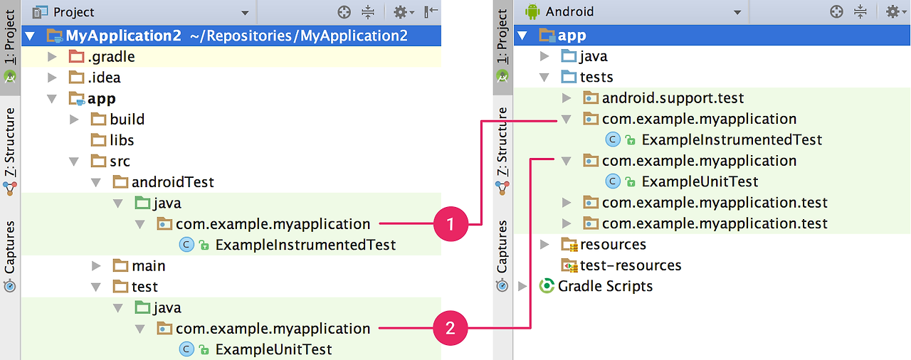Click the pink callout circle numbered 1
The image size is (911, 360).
pyautogui.click(x=450, y=224)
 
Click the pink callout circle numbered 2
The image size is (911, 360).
pyautogui.click(x=450, y=328)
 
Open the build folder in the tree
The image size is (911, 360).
pyautogui.click(x=127, y=119)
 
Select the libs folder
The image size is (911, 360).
pyautogui.click(x=122, y=140)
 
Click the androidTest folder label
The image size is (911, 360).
pyautogui.click(x=172, y=182)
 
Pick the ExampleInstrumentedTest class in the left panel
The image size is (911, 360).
pyautogui.click(x=305, y=245)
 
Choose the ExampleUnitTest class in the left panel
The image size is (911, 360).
pyautogui.click(x=273, y=349)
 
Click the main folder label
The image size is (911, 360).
pyautogui.click(x=148, y=266)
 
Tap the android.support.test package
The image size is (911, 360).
pyautogui.click(x=673, y=98)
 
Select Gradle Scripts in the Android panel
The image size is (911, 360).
pyautogui.click(x=605, y=286)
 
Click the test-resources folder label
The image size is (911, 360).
pyautogui.click(x=631, y=265)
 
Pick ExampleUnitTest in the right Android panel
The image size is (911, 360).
pyautogui.click(x=700, y=181)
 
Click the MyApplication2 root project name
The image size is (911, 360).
pyautogui.click(x=123, y=36)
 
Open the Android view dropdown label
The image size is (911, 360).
pyautogui.click(x=569, y=12)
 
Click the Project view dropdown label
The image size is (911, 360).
pyautogui.click(x=73, y=12)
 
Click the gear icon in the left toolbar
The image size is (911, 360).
pyautogui.click(x=401, y=12)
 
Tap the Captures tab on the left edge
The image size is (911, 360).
pyautogui.click(x=10, y=247)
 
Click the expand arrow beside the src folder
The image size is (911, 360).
pyautogui.click(x=73, y=162)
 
